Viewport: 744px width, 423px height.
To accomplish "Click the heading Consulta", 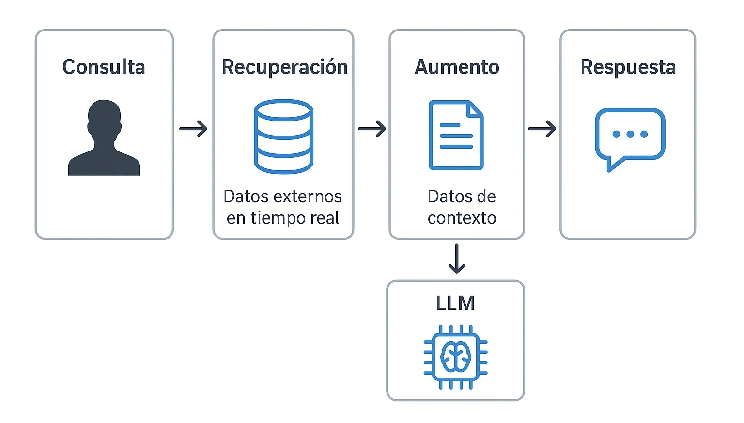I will pyautogui.click(x=104, y=67).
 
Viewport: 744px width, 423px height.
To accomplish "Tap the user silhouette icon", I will pyautogui.click(x=104, y=138).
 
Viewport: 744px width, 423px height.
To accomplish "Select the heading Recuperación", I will pyautogui.click(x=284, y=67).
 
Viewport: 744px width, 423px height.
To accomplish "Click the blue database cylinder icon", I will pyautogui.click(x=283, y=136).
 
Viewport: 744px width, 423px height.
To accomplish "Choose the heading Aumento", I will pyautogui.click(x=457, y=67).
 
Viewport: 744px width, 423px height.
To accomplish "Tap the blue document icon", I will pyautogui.click(x=456, y=136).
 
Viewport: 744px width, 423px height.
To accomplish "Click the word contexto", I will pyautogui.click(x=462, y=218).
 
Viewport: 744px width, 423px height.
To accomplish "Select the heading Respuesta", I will pyautogui.click(x=628, y=67).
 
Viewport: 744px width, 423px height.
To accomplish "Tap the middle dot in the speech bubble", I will pyautogui.click(x=630, y=134).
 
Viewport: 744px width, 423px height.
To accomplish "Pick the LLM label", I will pyautogui.click(x=455, y=303).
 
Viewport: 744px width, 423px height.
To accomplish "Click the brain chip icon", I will pyautogui.click(x=455, y=357).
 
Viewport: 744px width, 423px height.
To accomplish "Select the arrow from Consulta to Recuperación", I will pyautogui.click(x=193, y=129).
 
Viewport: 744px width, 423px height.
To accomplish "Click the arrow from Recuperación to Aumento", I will pyautogui.click(x=372, y=129).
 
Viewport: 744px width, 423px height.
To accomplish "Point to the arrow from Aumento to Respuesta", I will pyautogui.click(x=542, y=129).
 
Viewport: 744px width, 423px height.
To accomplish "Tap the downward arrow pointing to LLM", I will pyautogui.click(x=456, y=259).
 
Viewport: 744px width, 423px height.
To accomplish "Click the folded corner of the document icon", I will pyautogui.click(x=475, y=109).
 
